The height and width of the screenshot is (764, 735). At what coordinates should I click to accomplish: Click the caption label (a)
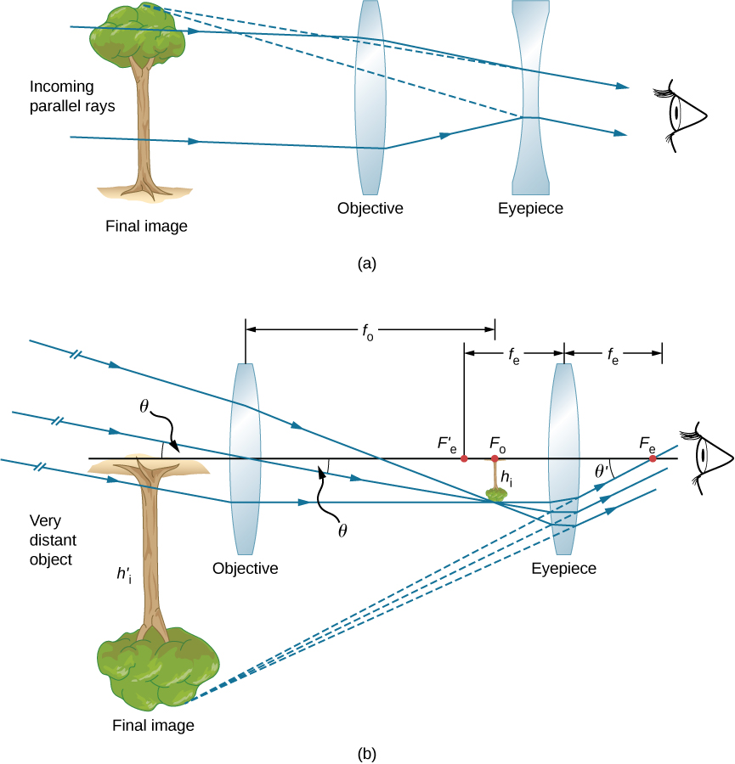pyautogui.click(x=367, y=263)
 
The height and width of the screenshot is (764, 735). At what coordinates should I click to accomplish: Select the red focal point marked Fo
pyautogui.click(x=495, y=458)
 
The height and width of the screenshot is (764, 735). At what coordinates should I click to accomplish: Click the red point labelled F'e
pyautogui.click(x=464, y=458)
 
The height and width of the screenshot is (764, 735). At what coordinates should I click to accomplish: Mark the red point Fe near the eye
pyautogui.click(x=653, y=458)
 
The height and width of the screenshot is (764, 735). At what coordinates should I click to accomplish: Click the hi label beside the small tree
pyautogui.click(x=506, y=479)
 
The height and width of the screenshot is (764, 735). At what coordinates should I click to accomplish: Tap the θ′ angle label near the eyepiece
pyautogui.click(x=603, y=470)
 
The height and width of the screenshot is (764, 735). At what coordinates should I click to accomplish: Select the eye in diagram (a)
pyautogui.click(x=683, y=115)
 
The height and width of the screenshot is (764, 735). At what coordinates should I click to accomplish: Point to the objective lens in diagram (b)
pyautogui.click(x=245, y=458)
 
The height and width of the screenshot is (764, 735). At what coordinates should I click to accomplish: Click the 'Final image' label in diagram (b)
pyautogui.click(x=153, y=726)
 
